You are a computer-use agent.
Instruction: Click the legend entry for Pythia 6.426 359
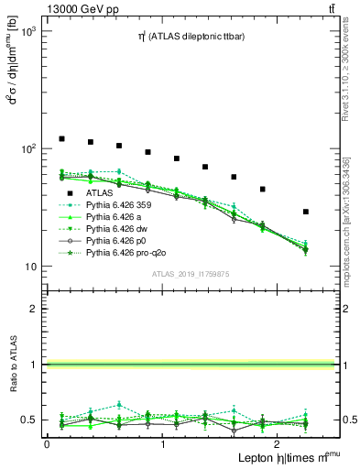pyautogui.click(x=119, y=206)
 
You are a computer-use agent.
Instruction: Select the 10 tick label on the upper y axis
pyautogui.click(x=29, y=267)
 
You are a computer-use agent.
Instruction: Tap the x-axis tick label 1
pyautogui.click(x=162, y=443)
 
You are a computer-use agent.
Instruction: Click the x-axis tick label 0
pyautogui.click(x=47, y=443)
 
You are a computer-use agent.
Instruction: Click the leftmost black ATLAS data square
pyautogui.click(x=61, y=138)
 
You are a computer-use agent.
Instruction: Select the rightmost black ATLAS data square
pyautogui.click(x=305, y=212)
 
